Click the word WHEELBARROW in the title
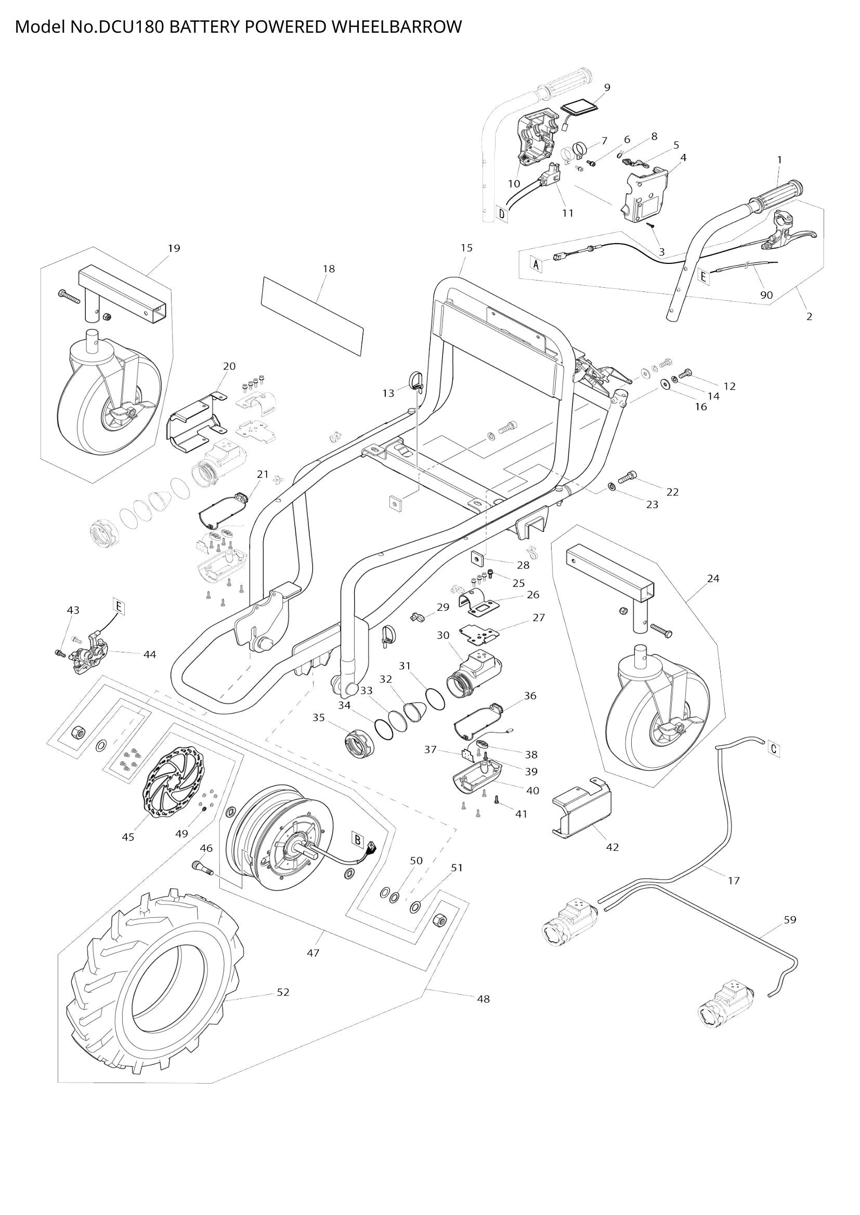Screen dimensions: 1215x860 point(394,26)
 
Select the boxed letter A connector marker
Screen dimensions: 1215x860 point(536,263)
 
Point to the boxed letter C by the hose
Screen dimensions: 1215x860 point(774,749)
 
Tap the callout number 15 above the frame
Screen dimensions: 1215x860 point(466,248)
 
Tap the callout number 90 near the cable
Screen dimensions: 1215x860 point(766,295)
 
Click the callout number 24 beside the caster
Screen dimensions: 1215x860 point(713,578)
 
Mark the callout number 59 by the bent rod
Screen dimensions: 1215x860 point(790,920)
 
